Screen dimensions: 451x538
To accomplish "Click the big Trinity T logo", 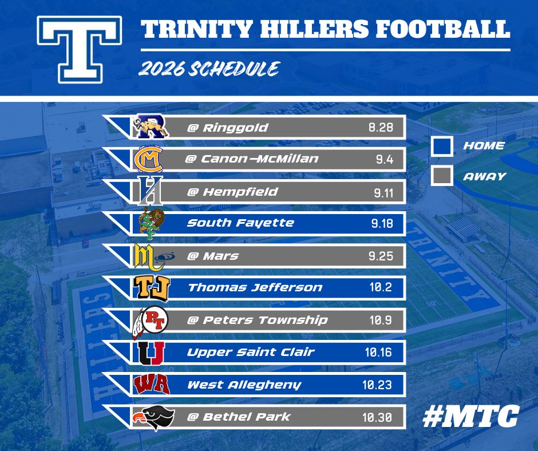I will pyautogui.click(x=79, y=49).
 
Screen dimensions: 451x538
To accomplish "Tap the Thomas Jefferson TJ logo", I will pyautogui.click(x=150, y=287).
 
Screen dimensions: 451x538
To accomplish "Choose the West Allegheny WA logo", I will pyautogui.click(x=151, y=384).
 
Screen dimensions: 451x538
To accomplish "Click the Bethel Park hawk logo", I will pyautogui.click(x=150, y=417).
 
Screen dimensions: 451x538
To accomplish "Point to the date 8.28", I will pyautogui.click(x=381, y=128).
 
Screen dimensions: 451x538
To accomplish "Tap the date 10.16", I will pyautogui.click(x=378, y=352).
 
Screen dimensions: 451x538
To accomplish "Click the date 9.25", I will pyautogui.click(x=380, y=256).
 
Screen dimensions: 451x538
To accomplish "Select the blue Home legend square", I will pyautogui.click(x=442, y=145).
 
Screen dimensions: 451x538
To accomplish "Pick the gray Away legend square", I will pyautogui.click(x=442, y=176).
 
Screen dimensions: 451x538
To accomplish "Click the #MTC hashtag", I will pyautogui.click(x=470, y=416).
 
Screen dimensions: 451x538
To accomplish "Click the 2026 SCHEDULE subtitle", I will pyautogui.click(x=208, y=69).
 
